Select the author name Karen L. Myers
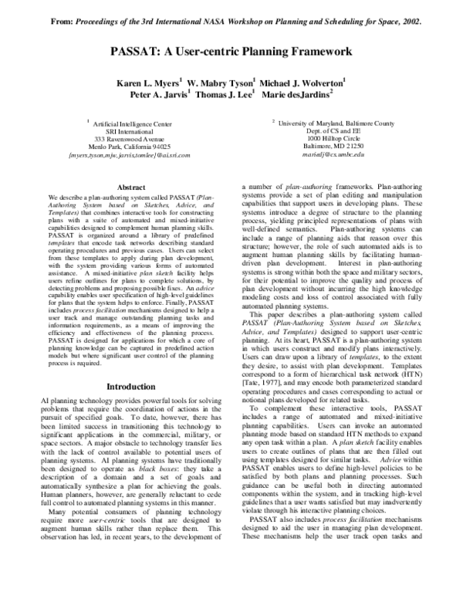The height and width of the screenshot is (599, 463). [148, 82]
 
